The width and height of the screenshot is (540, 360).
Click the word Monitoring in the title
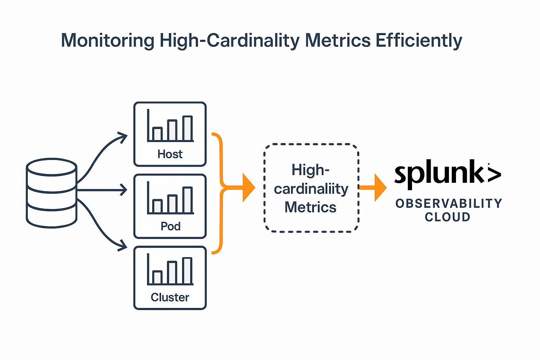click(x=108, y=40)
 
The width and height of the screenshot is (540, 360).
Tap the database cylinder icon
click(x=52, y=193)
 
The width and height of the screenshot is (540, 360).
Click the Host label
click(x=170, y=154)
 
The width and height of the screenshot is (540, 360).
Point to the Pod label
click(x=171, y=226)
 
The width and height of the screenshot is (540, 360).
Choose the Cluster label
click(x=170, y=297)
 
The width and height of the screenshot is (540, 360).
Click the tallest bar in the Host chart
click(x=187, y=129)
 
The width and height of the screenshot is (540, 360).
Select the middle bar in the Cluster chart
click(x=172, y=272)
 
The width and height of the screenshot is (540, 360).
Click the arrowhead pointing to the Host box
click(x=123, y=137)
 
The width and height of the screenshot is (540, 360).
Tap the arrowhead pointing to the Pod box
click(x=124, y=190)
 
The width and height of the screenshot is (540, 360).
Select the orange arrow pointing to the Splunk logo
click(x=374, y=188)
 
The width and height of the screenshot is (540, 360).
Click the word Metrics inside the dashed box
click(x=310, y=207)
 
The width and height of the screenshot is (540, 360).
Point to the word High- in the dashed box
click(x=310, y=171)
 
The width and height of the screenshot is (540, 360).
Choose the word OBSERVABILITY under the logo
click(x=449, y=204)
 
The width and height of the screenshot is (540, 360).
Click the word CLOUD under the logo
click(x=448, y=217)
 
